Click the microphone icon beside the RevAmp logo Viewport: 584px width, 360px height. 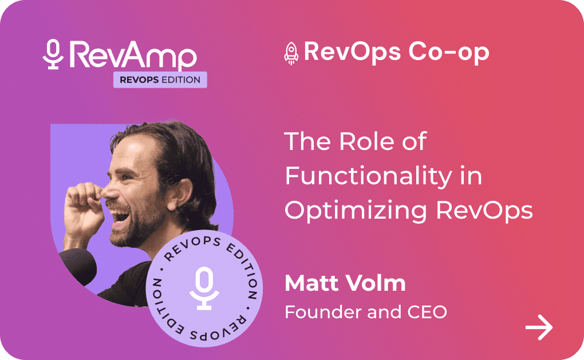53,54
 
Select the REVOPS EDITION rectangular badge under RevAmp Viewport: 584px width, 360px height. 160,80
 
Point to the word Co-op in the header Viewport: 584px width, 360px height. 448,52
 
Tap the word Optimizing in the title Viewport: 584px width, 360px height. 356,211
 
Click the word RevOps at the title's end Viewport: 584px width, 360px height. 484,211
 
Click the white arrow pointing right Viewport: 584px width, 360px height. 539,327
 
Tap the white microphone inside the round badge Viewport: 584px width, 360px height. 204,288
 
